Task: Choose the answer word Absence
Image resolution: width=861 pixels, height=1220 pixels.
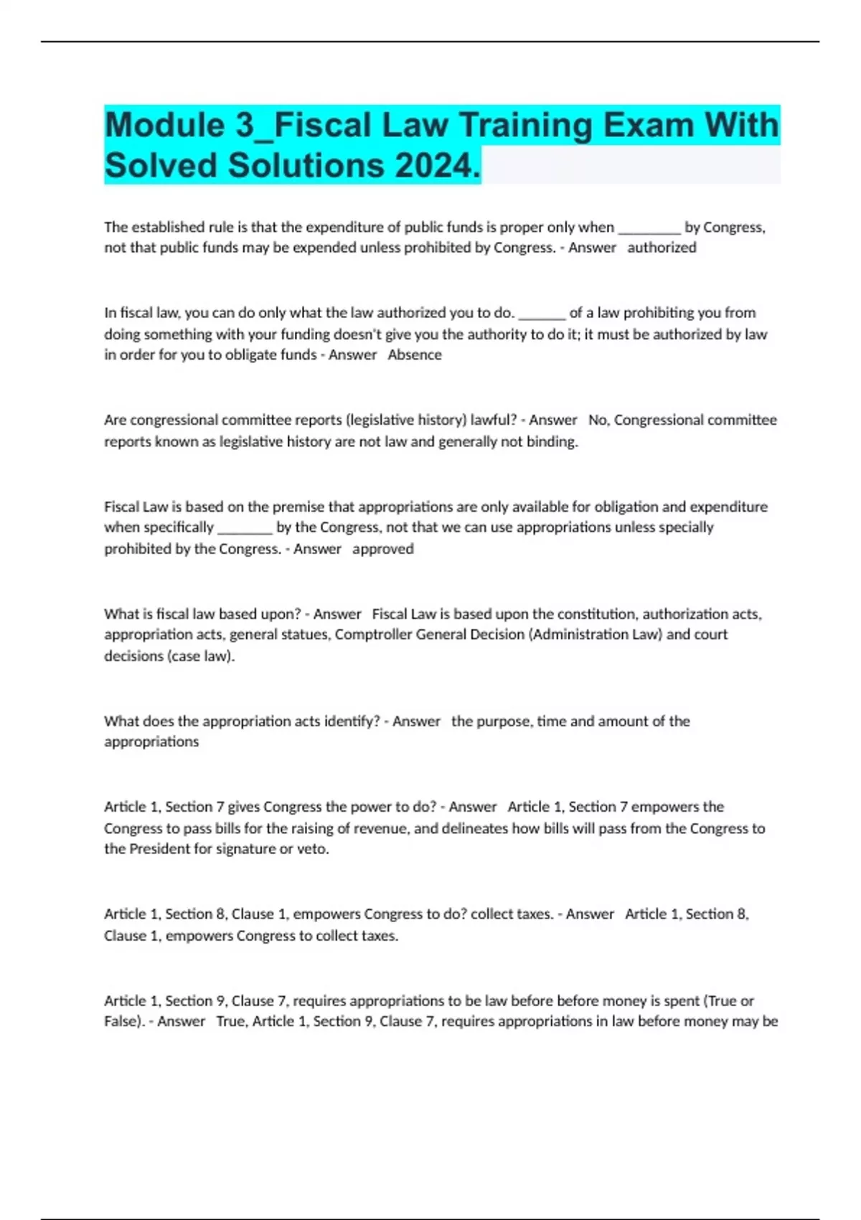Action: click(x=415, y=355)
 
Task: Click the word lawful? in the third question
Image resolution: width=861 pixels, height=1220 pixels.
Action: click(x=494, y=420)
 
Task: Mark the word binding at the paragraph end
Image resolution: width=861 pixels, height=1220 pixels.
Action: click(x=552, y=441)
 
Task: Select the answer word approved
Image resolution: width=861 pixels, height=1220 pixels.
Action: click(x=383, y=549)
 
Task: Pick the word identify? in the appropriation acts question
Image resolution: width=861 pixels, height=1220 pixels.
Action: click(x=352, y=721)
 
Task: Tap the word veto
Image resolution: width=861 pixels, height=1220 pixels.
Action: click(x=313, y=849)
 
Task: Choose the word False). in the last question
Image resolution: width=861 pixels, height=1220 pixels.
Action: click(x=124, y=1021)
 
